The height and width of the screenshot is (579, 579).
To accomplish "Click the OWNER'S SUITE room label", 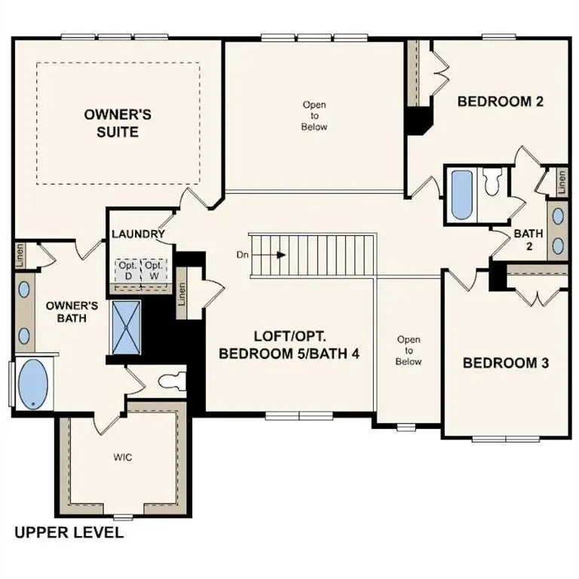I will click(x=118, y=123).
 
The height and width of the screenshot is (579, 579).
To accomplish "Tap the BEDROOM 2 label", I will click(x=501, y=101).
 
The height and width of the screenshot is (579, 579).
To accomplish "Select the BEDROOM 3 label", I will click(x=505, y=363).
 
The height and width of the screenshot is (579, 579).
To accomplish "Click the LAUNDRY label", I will click(x=138, y=234).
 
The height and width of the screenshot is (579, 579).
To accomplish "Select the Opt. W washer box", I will click(x=154, y=271).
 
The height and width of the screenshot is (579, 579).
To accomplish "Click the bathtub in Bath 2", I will click(x=460, y=194).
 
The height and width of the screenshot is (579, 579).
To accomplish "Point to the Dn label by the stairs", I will click(x=243, y=255).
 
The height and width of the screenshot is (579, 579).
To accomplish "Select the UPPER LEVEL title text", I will click(x=69, y=533).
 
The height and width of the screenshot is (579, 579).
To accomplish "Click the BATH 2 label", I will click(x=528, y=240).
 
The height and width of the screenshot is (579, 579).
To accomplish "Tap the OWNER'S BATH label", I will click(x=72, y=312).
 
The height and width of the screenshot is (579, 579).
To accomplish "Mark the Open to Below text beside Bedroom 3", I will click(x=409, y=351).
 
